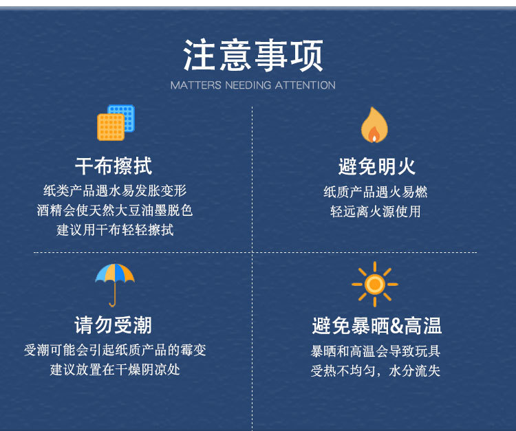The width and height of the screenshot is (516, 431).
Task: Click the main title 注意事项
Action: (253, 55)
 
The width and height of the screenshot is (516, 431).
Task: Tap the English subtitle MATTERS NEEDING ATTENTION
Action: (252, 85)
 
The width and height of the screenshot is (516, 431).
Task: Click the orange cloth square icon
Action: (111, 127)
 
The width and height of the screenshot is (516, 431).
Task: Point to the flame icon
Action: (374, 124)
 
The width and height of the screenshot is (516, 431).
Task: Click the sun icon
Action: (375, 284)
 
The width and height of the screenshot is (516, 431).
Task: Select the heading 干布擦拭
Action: (114, 166)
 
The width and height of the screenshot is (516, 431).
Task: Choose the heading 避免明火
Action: (377, 166)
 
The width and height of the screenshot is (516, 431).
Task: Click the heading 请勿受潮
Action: (114, 325)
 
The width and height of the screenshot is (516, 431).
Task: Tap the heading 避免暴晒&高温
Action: (377, 326)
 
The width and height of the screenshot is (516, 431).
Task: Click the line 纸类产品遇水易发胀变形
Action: (115, 190)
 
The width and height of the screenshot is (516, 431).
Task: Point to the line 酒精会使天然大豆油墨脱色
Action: (114, 210)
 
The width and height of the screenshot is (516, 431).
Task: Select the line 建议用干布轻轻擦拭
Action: (115, 230)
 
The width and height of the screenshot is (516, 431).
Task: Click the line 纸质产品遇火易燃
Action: (376, 192)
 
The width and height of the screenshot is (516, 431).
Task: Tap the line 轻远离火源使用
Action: (376, 212)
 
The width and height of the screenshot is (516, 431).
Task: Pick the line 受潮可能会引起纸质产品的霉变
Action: (115, 350)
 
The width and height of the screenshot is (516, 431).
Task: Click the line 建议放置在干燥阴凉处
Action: (115, 370)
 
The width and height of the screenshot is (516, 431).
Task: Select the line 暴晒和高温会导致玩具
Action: (376, 351)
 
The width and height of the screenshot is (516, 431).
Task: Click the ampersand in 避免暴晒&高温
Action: (396, 325)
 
